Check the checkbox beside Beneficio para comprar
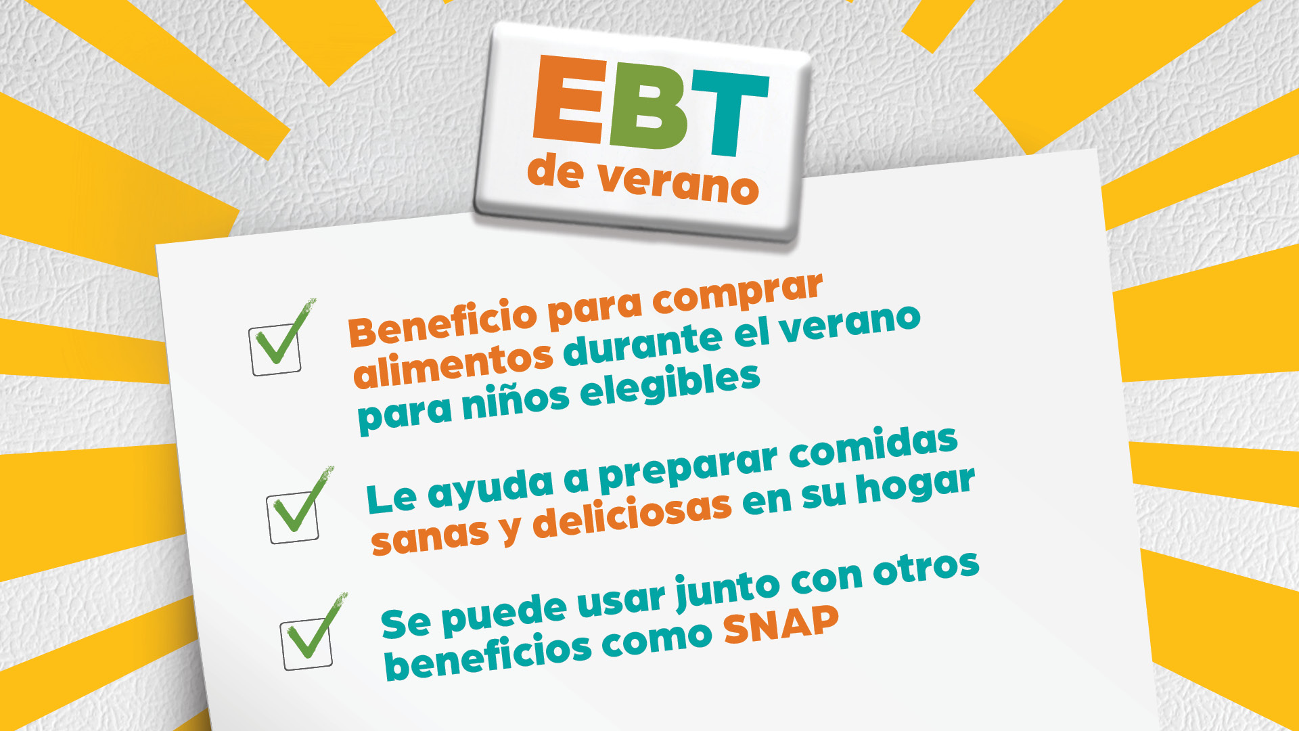point(275,350)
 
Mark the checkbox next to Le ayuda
point(293,518)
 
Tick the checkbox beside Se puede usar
point(307,644)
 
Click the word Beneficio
point(442,322)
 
